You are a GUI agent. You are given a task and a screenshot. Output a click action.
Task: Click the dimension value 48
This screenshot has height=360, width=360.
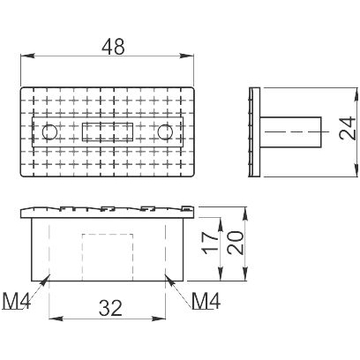pos(113,47)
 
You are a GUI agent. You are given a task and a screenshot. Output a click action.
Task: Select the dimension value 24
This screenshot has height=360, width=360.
pos(347,128)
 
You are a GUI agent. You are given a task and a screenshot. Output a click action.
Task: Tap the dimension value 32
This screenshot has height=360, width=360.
pos(110,308)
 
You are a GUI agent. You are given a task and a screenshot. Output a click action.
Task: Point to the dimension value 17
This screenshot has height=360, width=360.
pos(210,243)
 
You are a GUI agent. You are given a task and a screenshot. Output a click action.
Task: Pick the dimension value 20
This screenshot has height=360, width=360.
pos(236,243)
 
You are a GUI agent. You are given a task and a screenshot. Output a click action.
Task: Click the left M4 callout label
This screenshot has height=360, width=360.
pos(17,301)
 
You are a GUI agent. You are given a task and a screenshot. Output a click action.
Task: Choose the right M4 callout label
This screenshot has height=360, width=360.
pos(206,301)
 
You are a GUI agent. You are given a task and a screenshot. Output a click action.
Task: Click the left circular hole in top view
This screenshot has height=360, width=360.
pos(49,132)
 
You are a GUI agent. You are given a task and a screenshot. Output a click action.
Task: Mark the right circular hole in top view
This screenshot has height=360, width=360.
pos(165,132)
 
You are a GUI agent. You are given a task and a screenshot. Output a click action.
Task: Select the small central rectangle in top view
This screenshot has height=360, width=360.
pos(108,131)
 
